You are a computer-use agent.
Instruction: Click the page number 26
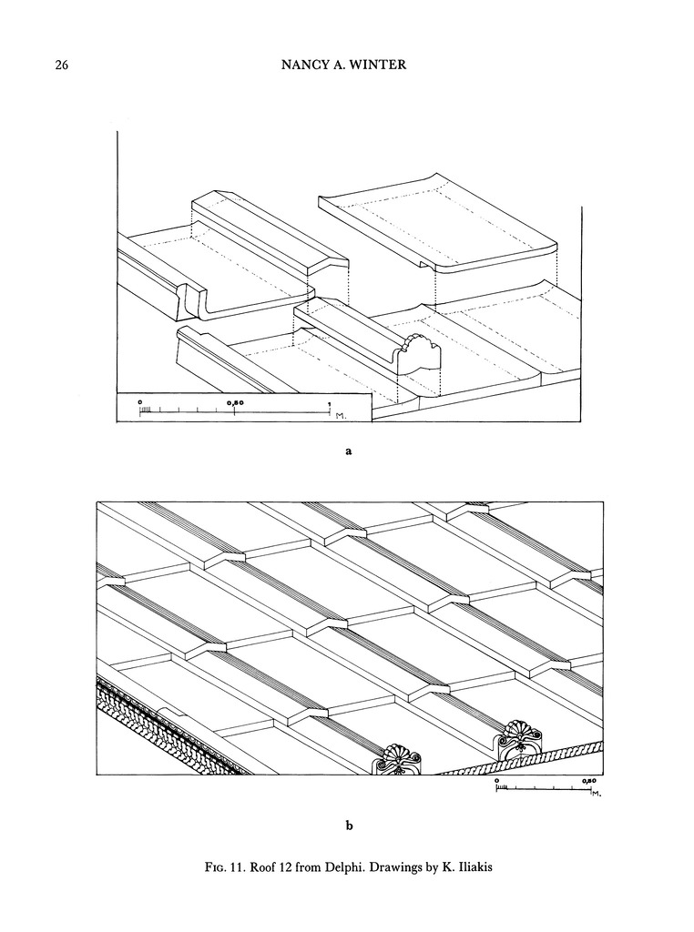tap(62, 66)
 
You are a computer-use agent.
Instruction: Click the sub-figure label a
tap(349, 451)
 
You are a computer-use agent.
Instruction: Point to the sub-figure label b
tap(349, 825)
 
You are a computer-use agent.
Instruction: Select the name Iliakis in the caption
tap(474, 867)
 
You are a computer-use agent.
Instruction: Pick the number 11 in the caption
tap(237, 867)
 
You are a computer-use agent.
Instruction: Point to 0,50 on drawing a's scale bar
tap(235, 402)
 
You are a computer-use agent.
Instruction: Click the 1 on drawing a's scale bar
tap(328, 403)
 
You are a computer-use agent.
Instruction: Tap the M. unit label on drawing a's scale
tap(341, 416)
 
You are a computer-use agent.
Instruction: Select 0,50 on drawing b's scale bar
tap(588, 780)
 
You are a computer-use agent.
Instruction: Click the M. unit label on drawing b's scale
tap(597, 794)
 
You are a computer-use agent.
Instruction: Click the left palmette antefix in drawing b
tap(395, 759)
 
